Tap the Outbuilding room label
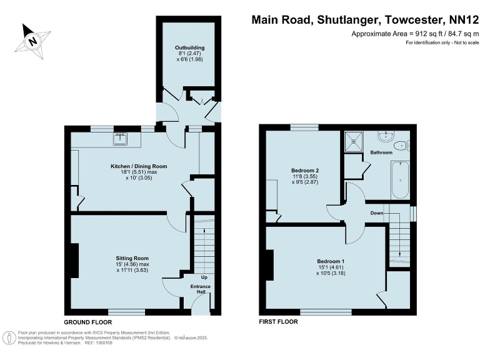coord(189,47)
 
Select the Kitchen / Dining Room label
coord(139,166)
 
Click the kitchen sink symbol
coord(121,139)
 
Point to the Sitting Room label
coord(132,257)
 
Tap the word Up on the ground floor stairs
coord(203,277)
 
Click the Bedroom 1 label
coord(331,261)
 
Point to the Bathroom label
coord(381,152)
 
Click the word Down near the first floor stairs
coord(376,213)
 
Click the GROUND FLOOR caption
coord(88,322)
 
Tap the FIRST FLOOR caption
coord(278,322)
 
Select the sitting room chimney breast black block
coord(74,261)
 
